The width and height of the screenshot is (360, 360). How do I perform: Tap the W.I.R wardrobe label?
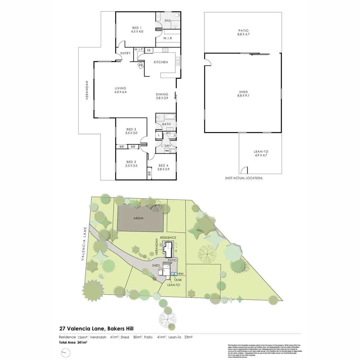point(167,38)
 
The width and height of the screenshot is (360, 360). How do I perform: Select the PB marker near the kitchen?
point(141,66)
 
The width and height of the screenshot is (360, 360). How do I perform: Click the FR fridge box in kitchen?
point(149,51)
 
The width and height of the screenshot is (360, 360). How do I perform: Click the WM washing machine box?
point(167,151)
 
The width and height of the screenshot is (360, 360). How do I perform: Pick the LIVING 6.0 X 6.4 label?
point(120,90)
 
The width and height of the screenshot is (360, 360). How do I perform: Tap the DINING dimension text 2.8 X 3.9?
point(162,98)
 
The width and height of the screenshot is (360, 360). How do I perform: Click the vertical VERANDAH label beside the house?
point(87,90)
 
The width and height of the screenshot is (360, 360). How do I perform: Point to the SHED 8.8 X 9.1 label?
point(243,94)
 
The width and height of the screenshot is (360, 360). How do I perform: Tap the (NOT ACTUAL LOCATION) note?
point(244,178)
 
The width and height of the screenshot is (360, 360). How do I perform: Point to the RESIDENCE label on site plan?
point(168,237)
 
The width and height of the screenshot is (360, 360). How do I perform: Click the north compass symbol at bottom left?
point(66,353)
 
